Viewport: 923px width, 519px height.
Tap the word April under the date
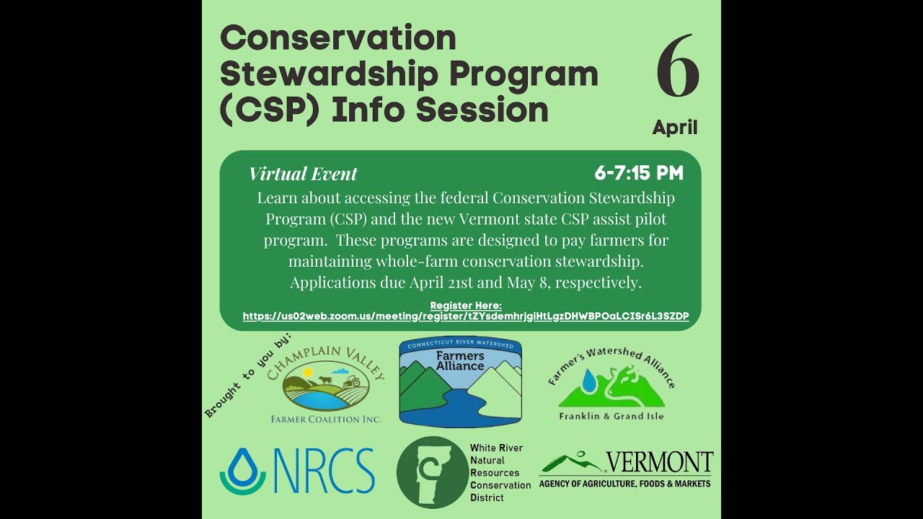(675, 128)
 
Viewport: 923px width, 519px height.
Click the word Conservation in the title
(338, 38)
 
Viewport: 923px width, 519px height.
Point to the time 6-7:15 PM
(638, 173)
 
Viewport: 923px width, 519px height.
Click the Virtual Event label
(303, 174)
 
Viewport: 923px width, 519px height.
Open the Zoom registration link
(465, 316)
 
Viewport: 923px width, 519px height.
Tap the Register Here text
(465, 306)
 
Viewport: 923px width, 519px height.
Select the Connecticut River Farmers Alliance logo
(460, 383)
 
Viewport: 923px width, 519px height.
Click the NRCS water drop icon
(242, 471)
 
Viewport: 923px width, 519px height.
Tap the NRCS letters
(324, 471)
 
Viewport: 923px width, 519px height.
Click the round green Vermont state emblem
(432, 472)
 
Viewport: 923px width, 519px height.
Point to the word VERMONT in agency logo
(658, 462)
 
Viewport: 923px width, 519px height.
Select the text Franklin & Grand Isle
(611, 416)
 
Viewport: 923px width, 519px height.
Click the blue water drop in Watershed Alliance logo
(589, 381)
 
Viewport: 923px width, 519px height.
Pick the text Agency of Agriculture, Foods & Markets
(624, 484)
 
